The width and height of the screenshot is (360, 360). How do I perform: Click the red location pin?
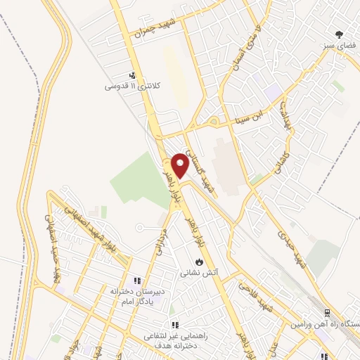[x=180, y=165]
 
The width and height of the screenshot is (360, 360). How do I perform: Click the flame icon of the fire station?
[x=200, y=261]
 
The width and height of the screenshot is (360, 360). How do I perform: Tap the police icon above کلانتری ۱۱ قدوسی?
[x=131, y=75]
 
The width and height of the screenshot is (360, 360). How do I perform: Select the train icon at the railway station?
[x=326, y=314]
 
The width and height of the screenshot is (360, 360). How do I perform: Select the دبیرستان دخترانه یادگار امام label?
[x=131, y=295]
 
